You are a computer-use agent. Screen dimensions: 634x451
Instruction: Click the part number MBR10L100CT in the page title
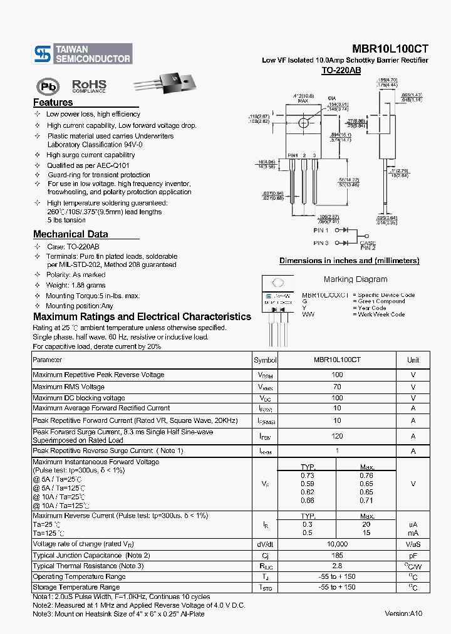coord(390,49)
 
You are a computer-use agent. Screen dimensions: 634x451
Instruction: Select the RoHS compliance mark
coord(89,86)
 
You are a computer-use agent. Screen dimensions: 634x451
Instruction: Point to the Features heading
coord(53,103)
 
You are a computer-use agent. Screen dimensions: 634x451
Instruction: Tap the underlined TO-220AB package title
coord(341,71)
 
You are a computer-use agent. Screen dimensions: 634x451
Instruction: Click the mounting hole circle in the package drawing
coord(304,123)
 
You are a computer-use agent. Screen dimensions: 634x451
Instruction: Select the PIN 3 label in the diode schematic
coord(321,243)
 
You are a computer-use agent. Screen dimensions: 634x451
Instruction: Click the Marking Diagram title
coord(355,279)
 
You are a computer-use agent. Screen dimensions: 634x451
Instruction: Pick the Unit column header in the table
coord(413,360)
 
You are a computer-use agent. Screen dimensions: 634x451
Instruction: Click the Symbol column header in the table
coord(265,360)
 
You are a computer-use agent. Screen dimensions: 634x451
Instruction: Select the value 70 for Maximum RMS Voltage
coord(337,387)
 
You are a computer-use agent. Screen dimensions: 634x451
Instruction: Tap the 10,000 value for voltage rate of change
coord(337,544)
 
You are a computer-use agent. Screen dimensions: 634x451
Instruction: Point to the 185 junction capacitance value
coord(337,556)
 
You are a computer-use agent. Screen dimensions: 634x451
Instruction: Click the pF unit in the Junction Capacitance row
coord(413,556)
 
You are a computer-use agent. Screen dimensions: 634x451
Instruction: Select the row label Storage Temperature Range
coord(76,587)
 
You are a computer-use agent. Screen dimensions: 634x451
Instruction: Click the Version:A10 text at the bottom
coord(403,613)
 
